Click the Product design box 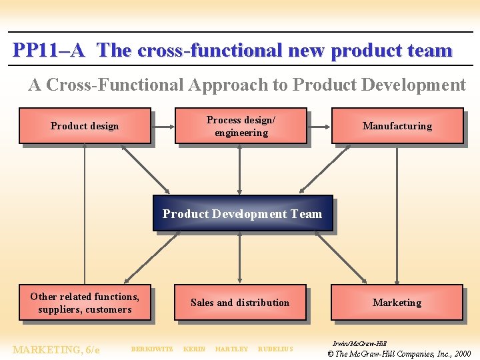(85, 126)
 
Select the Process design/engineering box (241, 126)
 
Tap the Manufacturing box (397, 126)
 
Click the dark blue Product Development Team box (243, 213)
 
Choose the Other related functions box (85, 303)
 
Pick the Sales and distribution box (240, 303)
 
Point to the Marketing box (397, 303)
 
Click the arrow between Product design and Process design (163, 126)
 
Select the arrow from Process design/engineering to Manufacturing (319, 126)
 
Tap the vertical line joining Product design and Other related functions (85, 213)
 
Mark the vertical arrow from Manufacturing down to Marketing (397, 213)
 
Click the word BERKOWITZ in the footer (152, 349)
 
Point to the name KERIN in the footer (194, 349)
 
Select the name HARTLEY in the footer (231, 349)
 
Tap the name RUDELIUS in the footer (275, 349)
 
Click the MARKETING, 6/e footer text (56, 349)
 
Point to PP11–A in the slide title (49, 51)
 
